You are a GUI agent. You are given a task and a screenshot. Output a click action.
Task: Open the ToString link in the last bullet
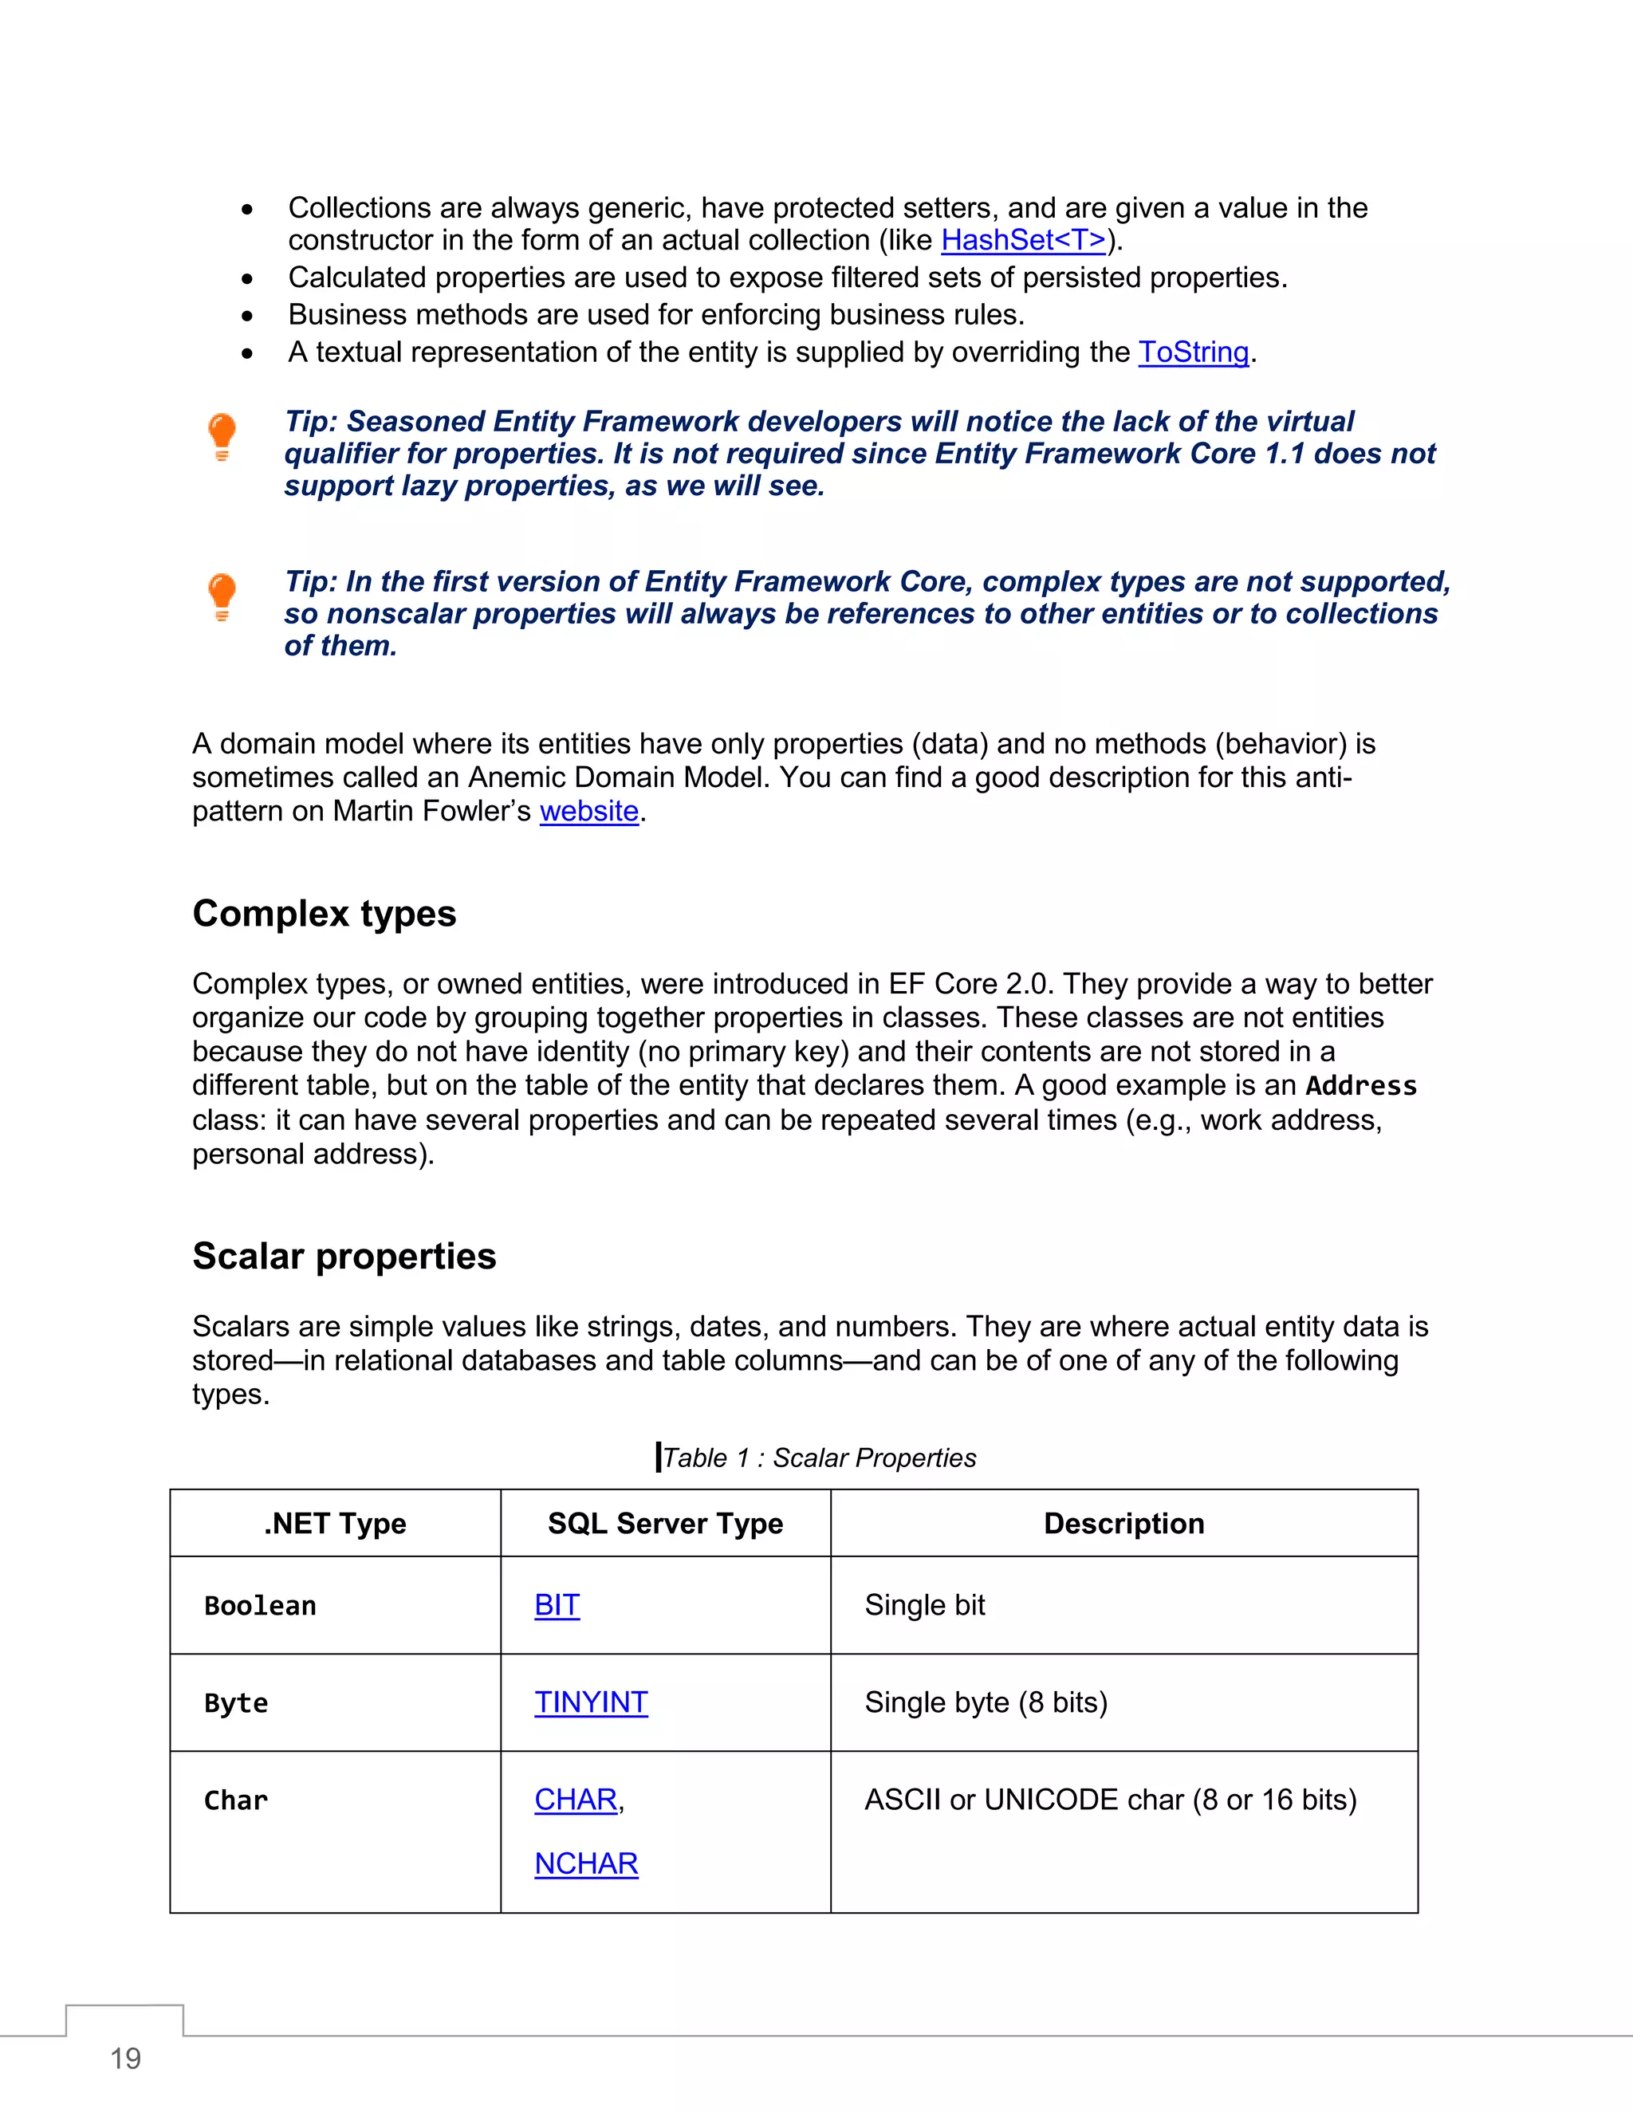tap(1193, 352)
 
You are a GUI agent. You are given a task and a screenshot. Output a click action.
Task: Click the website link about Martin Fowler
tap(589, 811)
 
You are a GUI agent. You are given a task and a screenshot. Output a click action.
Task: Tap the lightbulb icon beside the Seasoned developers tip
tap(222, 436)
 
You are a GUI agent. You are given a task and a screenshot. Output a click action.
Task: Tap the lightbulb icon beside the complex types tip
tap(222, 596)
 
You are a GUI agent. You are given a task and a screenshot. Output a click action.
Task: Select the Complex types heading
tap(324, 913)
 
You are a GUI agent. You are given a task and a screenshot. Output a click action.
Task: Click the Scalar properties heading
tap(344, 1256)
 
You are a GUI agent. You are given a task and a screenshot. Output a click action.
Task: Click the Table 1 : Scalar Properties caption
tap(818, 1458)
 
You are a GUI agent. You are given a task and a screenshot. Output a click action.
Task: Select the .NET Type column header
tap(335, 1524)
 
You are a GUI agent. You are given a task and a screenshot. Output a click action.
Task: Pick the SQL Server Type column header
tap(665, 1524)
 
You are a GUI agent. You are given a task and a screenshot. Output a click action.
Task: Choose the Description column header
tap(1123, 1524)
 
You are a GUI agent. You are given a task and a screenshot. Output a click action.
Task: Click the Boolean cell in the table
tap(260, 1606)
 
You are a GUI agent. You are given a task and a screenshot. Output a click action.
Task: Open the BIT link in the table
tap(557, 1605)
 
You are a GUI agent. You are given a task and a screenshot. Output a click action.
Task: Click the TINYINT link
tap(590, 1703)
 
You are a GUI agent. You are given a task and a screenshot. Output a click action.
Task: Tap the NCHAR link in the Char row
tap(585, 1863)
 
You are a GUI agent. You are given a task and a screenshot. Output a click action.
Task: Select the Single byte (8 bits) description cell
tap(986, 1703)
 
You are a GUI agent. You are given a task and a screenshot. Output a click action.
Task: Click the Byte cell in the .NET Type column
tap(236, 1704)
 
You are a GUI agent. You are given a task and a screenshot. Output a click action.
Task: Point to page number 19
tap(126, 2059)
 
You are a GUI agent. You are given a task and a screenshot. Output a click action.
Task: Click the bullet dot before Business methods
tap(248, 317)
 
